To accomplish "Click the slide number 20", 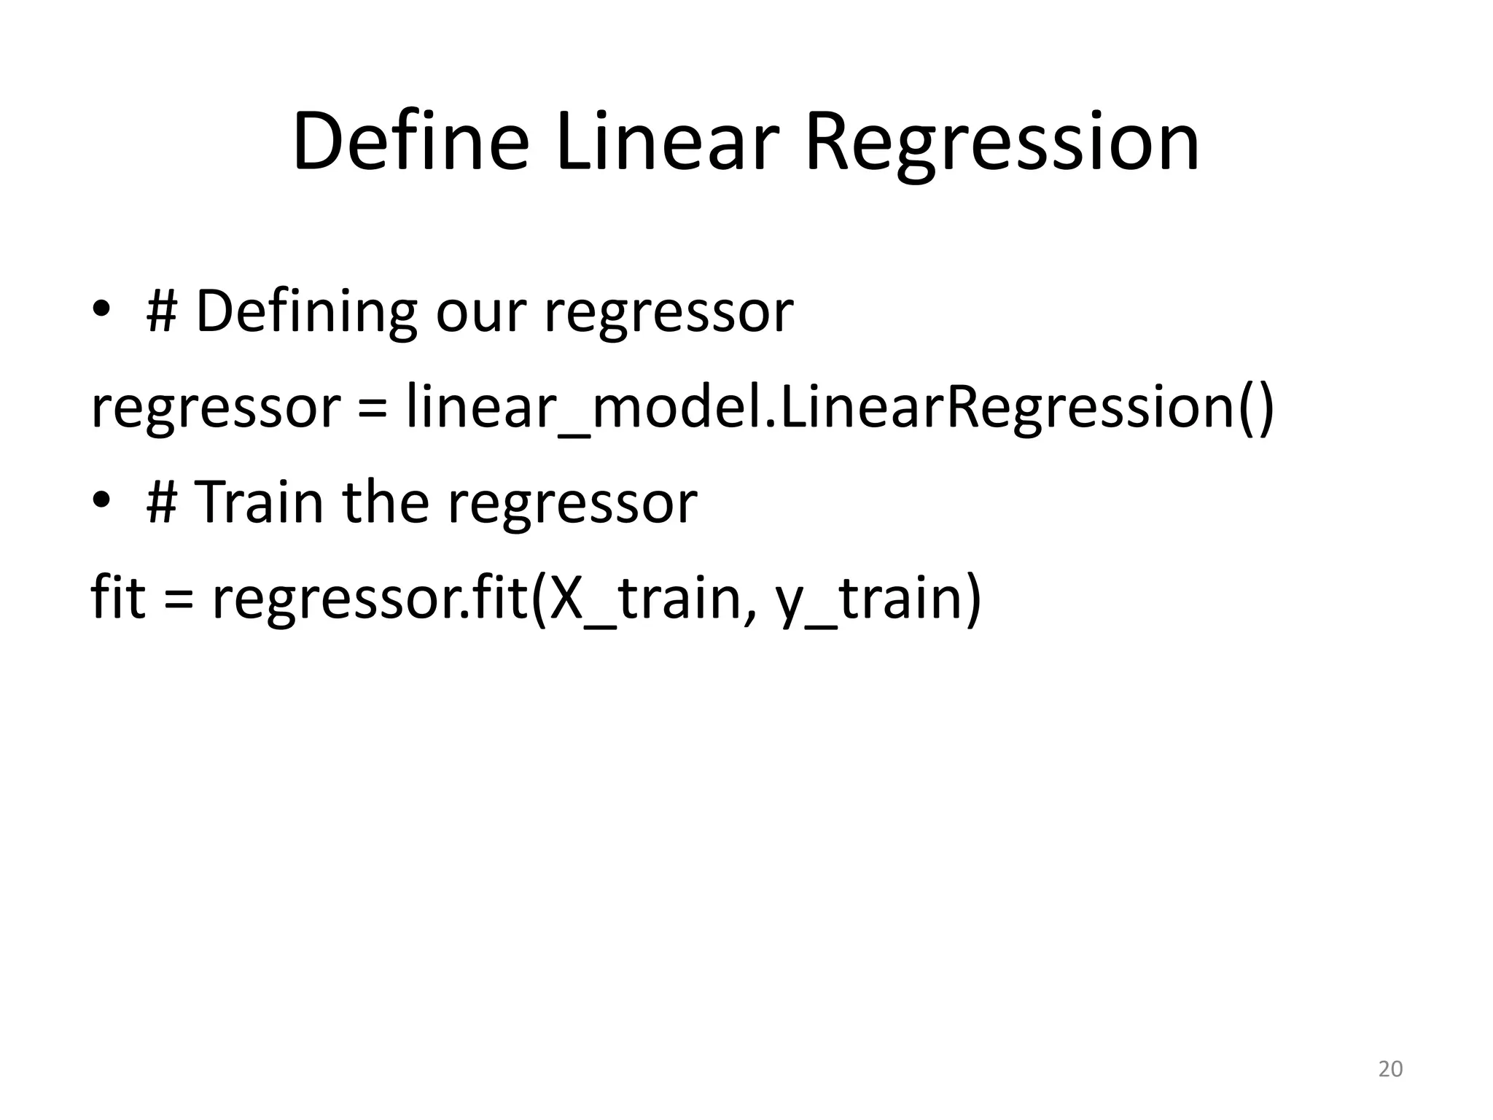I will (x=1390, y=1069).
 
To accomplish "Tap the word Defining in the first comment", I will (x=306, y=312).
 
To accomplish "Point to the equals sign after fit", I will (x=179, y=600).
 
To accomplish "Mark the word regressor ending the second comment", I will (x=572, y=505).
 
